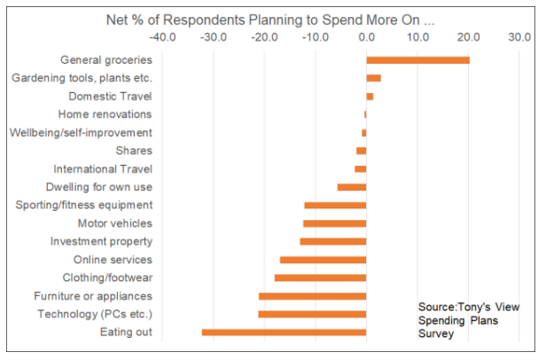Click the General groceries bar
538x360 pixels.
tap(417, 60)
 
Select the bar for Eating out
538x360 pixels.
tap(284, 332)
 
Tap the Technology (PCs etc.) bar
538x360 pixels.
tap(312, 314)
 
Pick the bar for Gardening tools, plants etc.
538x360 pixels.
tap(373, 78)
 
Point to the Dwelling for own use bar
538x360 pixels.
tap(352, 187)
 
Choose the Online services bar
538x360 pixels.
tap(323, 260)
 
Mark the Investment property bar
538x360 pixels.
tap(332, 241)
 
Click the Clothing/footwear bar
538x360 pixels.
tap(320, 278)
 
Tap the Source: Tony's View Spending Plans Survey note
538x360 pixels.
tap(469, 320)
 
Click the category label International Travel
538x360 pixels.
tap(103, 168)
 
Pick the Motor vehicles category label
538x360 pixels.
tap(115, 223)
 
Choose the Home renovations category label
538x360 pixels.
tap(105, 114)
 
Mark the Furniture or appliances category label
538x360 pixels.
tap(93, 295)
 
